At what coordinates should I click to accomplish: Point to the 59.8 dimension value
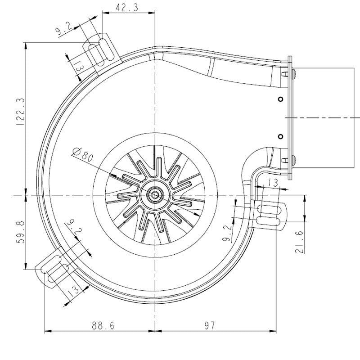[x=18, y=232]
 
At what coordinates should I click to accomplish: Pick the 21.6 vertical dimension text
[x=299, y=242]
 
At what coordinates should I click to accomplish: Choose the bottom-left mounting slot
[x=55, y=269]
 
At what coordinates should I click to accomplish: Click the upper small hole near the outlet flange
[x=280, y=99]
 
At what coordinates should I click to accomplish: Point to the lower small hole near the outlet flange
[x=280, y=136]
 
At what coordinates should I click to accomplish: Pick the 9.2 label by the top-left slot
[x=63, y=31]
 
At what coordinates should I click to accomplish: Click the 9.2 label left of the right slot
[x=227, y=233]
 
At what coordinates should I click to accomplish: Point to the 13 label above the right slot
[x=272, y=182]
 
